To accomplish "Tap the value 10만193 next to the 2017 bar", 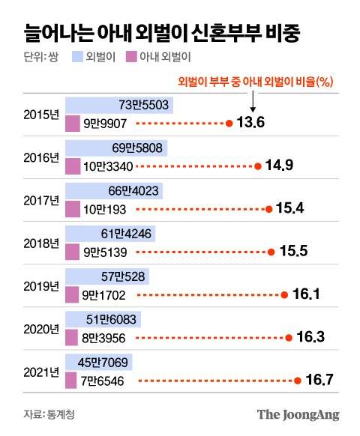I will (101, 207).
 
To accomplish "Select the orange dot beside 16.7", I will (298, 381).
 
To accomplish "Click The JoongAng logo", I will (298, 414).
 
